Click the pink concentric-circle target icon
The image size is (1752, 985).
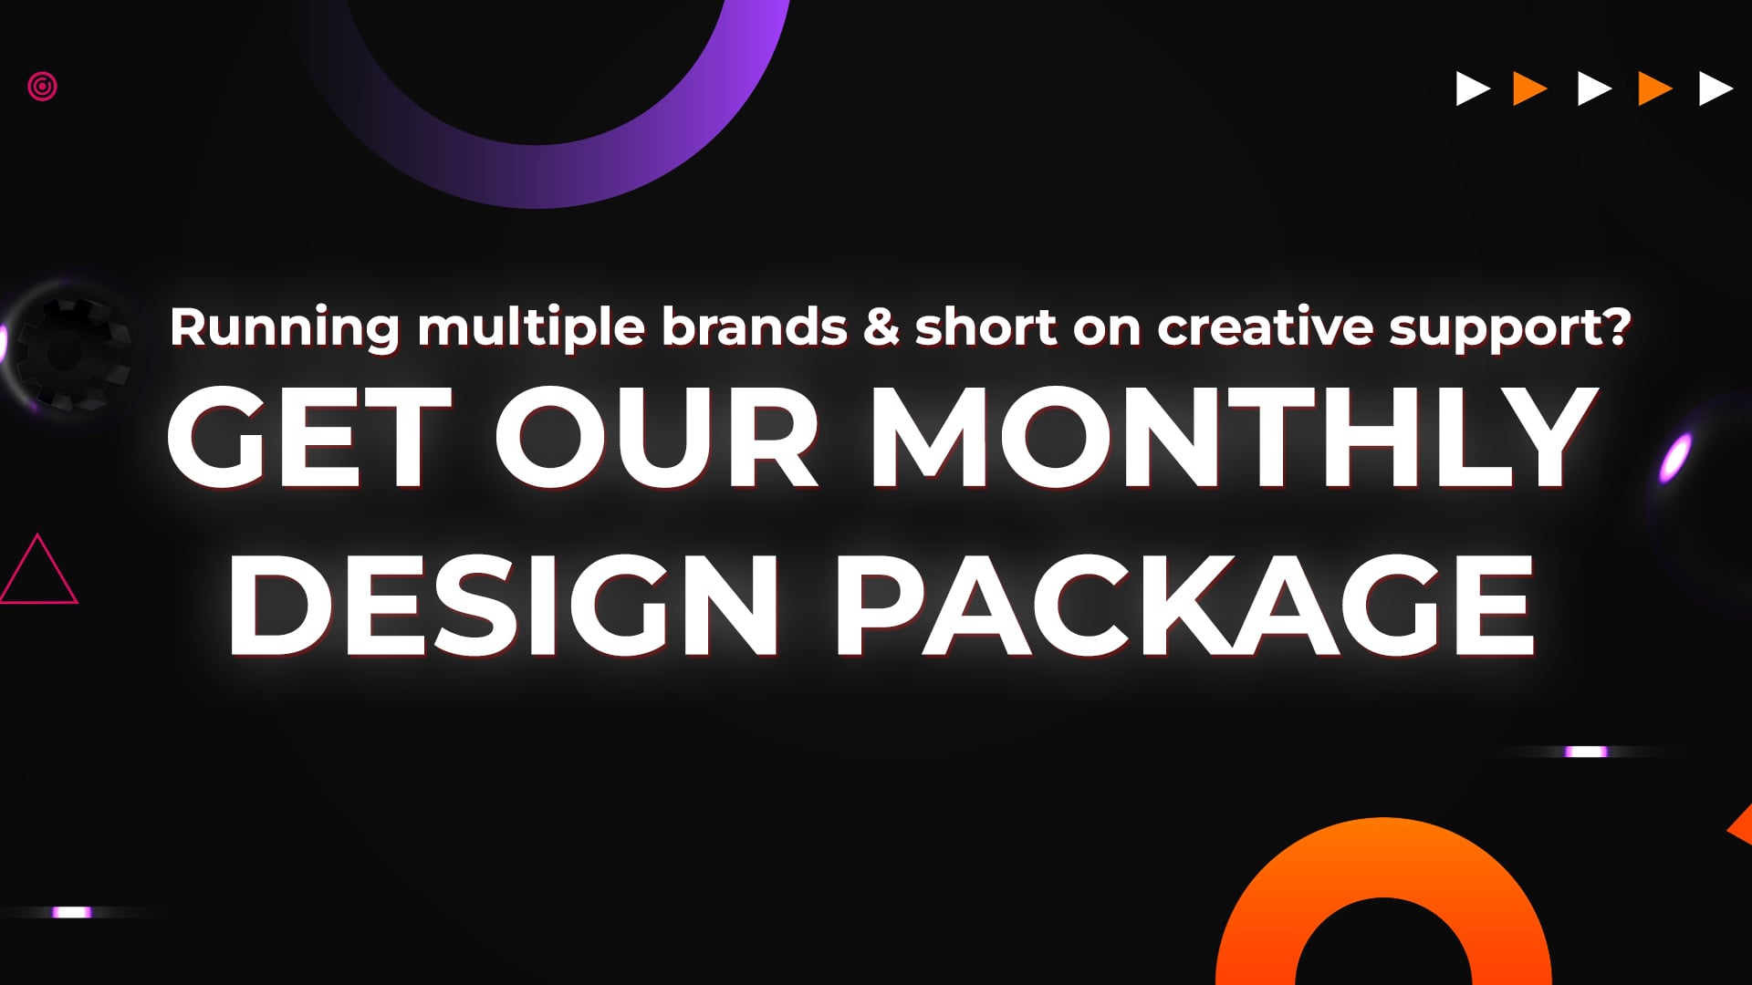tap(42, 87)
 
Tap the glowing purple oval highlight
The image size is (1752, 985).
tap(1675, 457)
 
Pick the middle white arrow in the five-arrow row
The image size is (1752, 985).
tap(1593, 89)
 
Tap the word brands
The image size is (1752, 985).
tap(754, 327)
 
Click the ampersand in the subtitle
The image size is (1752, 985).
tap(881, 327)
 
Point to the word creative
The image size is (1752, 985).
tap(1265, 327)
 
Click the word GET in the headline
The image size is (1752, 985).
tap(310, 438)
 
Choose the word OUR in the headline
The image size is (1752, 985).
tap(657, 438)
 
